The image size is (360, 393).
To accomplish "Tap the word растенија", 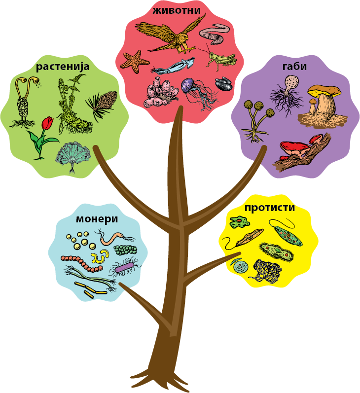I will click(63, 66).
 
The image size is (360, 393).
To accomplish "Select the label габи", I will click(295, 66).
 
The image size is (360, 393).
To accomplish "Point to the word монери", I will click(97, 218).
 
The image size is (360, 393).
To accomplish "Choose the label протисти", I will click(270, 207).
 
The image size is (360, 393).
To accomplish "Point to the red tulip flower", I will click(47, 123).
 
